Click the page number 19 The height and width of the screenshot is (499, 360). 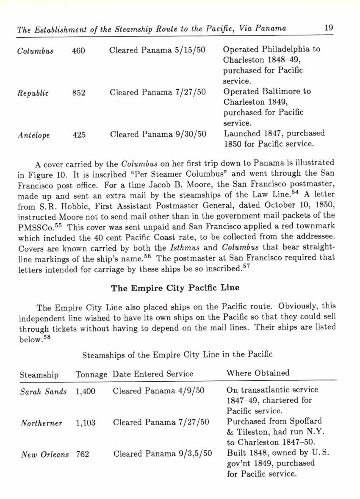(329, 28)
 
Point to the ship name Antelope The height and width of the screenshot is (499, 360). (34, 136)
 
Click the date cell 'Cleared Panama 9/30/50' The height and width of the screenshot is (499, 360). (158, 135)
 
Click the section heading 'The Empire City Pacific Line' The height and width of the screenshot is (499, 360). (175, 288)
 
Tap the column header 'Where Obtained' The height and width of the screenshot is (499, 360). (258, 373)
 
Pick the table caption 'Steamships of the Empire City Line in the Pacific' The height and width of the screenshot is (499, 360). (177, 354)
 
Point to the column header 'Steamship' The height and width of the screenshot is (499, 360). (39, 375)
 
